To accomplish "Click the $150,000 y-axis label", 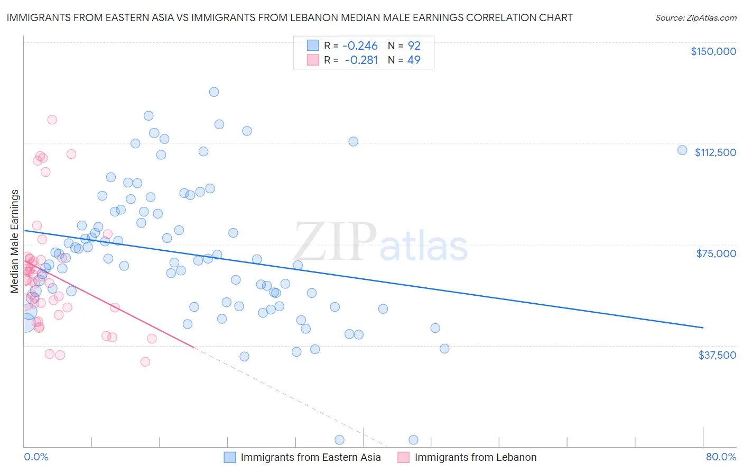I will point(713,51).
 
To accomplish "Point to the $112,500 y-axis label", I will point(715,152).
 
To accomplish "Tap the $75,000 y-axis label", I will point(716,253).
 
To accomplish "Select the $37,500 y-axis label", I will point(717,355).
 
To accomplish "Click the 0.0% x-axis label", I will point(36,457).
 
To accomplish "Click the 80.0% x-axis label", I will point(721,457).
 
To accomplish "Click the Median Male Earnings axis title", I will point(14,241).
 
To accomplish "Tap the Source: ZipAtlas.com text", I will point(695,18).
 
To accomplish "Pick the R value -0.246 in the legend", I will point(360,46).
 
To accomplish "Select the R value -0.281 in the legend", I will point(361,60).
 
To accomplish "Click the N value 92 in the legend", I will point(414,46).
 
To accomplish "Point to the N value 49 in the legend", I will point(414,60).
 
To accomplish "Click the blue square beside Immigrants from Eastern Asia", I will point(229,457).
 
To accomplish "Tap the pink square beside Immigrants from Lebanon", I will point(403,457).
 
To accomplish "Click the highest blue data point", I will point(214,92).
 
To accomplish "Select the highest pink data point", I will point(52,120).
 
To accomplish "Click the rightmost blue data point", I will point(682,150).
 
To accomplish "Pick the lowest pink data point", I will point(145,362).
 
